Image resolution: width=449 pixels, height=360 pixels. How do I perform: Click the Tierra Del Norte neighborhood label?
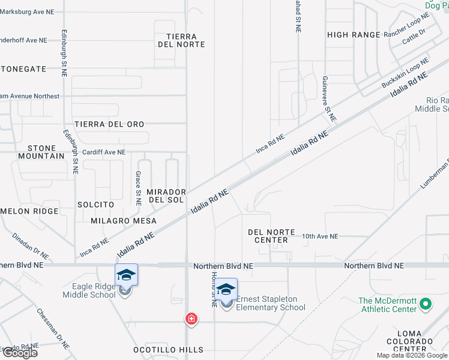pyautogui.click(x=181, y=40)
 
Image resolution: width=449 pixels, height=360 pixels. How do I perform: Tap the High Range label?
pyautogui.click(x=354, y=35)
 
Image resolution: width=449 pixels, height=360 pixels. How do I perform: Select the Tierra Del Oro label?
pyautogui.click(x=109, y=124)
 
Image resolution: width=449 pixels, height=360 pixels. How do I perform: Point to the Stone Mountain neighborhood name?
pyautogui.click(x=46, y=152)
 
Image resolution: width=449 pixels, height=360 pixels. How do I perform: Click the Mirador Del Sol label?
pyautogui.click(x=166, y=196)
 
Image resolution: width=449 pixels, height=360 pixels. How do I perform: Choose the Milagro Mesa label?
pyautogui.click(x=124, y=221)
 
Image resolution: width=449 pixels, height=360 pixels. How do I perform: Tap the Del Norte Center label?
pyautogui.click(x=268, y=236)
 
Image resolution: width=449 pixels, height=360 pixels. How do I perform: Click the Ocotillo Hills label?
pyautogui.click(x=169, y=350)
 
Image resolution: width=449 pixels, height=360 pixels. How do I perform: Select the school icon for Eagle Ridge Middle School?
pyautogui.click(x=126, y=275)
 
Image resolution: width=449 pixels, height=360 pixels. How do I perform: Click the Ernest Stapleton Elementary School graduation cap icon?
pyautogui.click(x=226, y=290)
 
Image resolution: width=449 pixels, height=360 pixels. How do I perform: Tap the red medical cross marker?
pyautogui.click(x=191, y=319)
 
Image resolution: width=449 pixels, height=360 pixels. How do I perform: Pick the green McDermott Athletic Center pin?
pyautogui.click(x=426, y=304)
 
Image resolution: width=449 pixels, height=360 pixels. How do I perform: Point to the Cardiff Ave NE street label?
pyautogui.click(x=104, y=152)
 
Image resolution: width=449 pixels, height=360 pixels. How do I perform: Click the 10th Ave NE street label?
pyautogui.click(x=320, y=236)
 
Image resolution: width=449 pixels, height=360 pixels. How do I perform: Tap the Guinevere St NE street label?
pyautogui.click(x=328, y=99)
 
